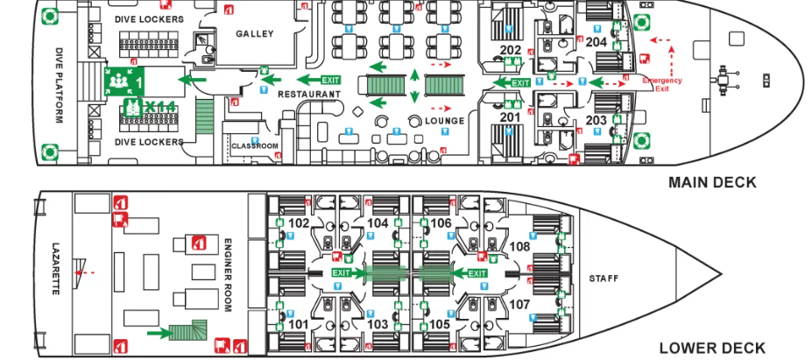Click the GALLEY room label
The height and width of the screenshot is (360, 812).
pos(255,34)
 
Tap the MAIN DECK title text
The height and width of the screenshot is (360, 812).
pos(712,183)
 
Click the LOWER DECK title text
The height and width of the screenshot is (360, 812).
pos(711,348)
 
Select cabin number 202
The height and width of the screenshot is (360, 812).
pos(510,50)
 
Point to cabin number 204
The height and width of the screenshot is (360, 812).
pos(596,41)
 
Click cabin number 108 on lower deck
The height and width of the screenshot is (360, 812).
pos(519,247)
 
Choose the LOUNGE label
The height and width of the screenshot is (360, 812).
pos(444,121)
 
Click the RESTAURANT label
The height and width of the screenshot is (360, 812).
pos(308,94)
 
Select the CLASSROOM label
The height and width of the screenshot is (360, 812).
pos(255,146)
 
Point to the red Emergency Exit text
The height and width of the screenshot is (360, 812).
pos(661,85)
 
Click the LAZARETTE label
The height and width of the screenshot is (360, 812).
pos(55,268)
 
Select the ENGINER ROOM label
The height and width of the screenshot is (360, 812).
pos(226,275)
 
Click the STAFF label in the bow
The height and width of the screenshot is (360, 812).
pos(603,279)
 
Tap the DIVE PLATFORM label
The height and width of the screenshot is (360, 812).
pos(60,85)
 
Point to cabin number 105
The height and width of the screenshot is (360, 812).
pos(439,324)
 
